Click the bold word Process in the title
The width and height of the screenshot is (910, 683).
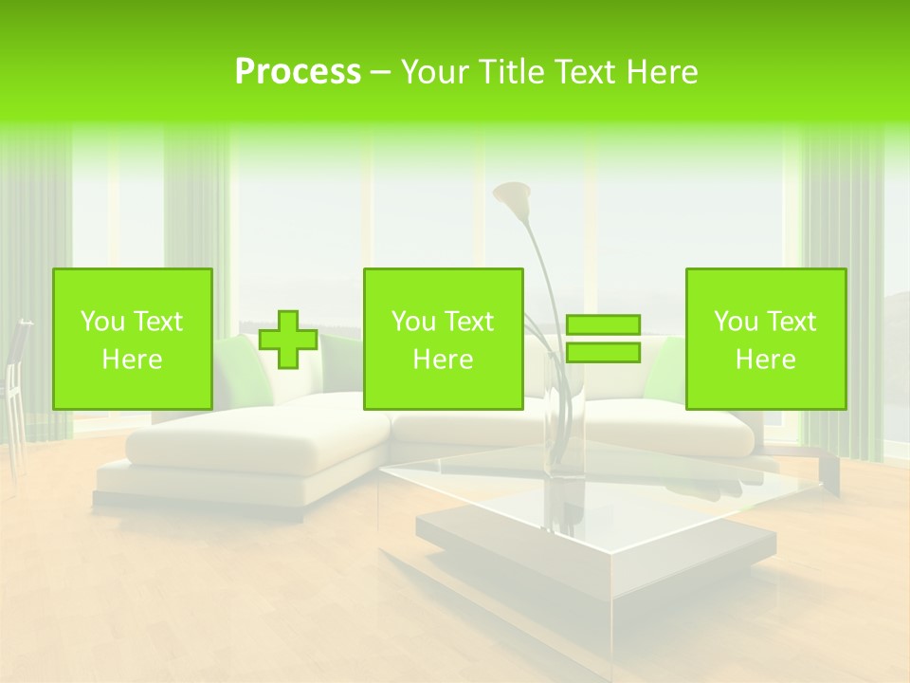click(x=298, y=72)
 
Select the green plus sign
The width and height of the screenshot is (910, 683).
click(x=288, y=340)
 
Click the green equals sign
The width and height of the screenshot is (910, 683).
click(x=603, y=339)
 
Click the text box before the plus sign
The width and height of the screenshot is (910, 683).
click(x=133, y=339)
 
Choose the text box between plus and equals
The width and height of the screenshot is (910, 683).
click(x=444, y=339)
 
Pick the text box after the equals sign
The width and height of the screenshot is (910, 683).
click(x=766, y=339)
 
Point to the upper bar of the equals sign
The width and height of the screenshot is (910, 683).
click(x=603, y=325)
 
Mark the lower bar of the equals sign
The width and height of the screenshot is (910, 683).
click(x=603, y=353)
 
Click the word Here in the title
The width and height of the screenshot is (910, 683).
click(x=660, y=72)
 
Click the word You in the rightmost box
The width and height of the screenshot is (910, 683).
click(x=736, y=322)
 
